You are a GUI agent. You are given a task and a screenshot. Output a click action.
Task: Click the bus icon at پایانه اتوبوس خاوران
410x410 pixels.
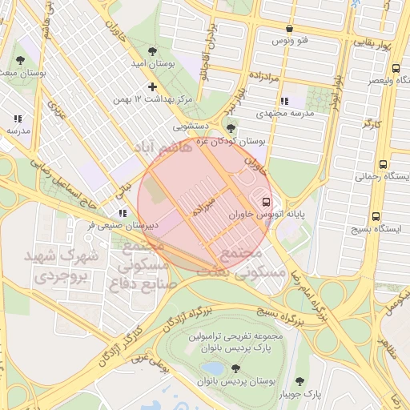pyautogui.click(x=266, y=202)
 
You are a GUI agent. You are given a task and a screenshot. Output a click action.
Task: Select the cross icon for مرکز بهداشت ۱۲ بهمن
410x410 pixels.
pyautogui.click(x=152, y=86)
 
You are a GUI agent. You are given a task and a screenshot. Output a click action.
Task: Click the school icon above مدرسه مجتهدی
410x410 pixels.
pyautogui.click(x=284, y=101)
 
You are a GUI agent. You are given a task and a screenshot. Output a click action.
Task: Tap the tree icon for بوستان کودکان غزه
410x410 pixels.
pyautogui.click(x=231, y=127)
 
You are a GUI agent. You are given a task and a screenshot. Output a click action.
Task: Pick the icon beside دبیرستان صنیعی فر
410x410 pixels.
pyautogui.click(x=122, y=213)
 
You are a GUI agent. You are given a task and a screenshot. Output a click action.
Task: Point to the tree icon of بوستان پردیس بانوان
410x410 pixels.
pyautogui.click(x=235, y=368)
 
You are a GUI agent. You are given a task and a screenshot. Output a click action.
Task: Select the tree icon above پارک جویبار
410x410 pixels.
pyautogui.click(x=300, y=381)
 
